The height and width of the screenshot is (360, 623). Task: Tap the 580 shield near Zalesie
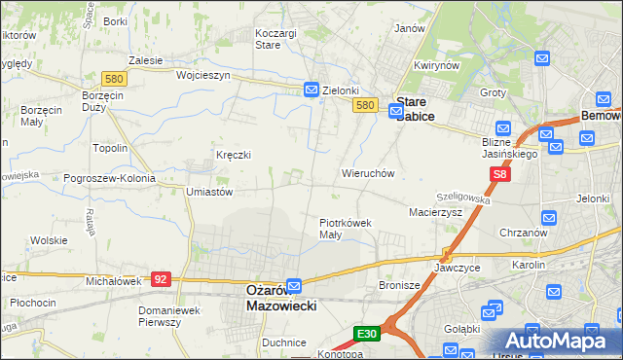coord(113,78)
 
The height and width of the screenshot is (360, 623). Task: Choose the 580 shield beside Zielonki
coord(365,105)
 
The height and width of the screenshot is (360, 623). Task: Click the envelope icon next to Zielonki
coord(311,90)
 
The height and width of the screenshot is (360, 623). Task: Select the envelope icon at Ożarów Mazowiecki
coord(294,285)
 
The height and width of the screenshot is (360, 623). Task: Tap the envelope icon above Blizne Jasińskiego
coord(503,127)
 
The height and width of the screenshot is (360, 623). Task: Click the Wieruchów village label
coord(367,173)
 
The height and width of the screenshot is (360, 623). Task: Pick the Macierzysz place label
coord(435,211)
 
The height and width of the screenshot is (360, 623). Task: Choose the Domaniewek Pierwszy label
coord(173,316)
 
